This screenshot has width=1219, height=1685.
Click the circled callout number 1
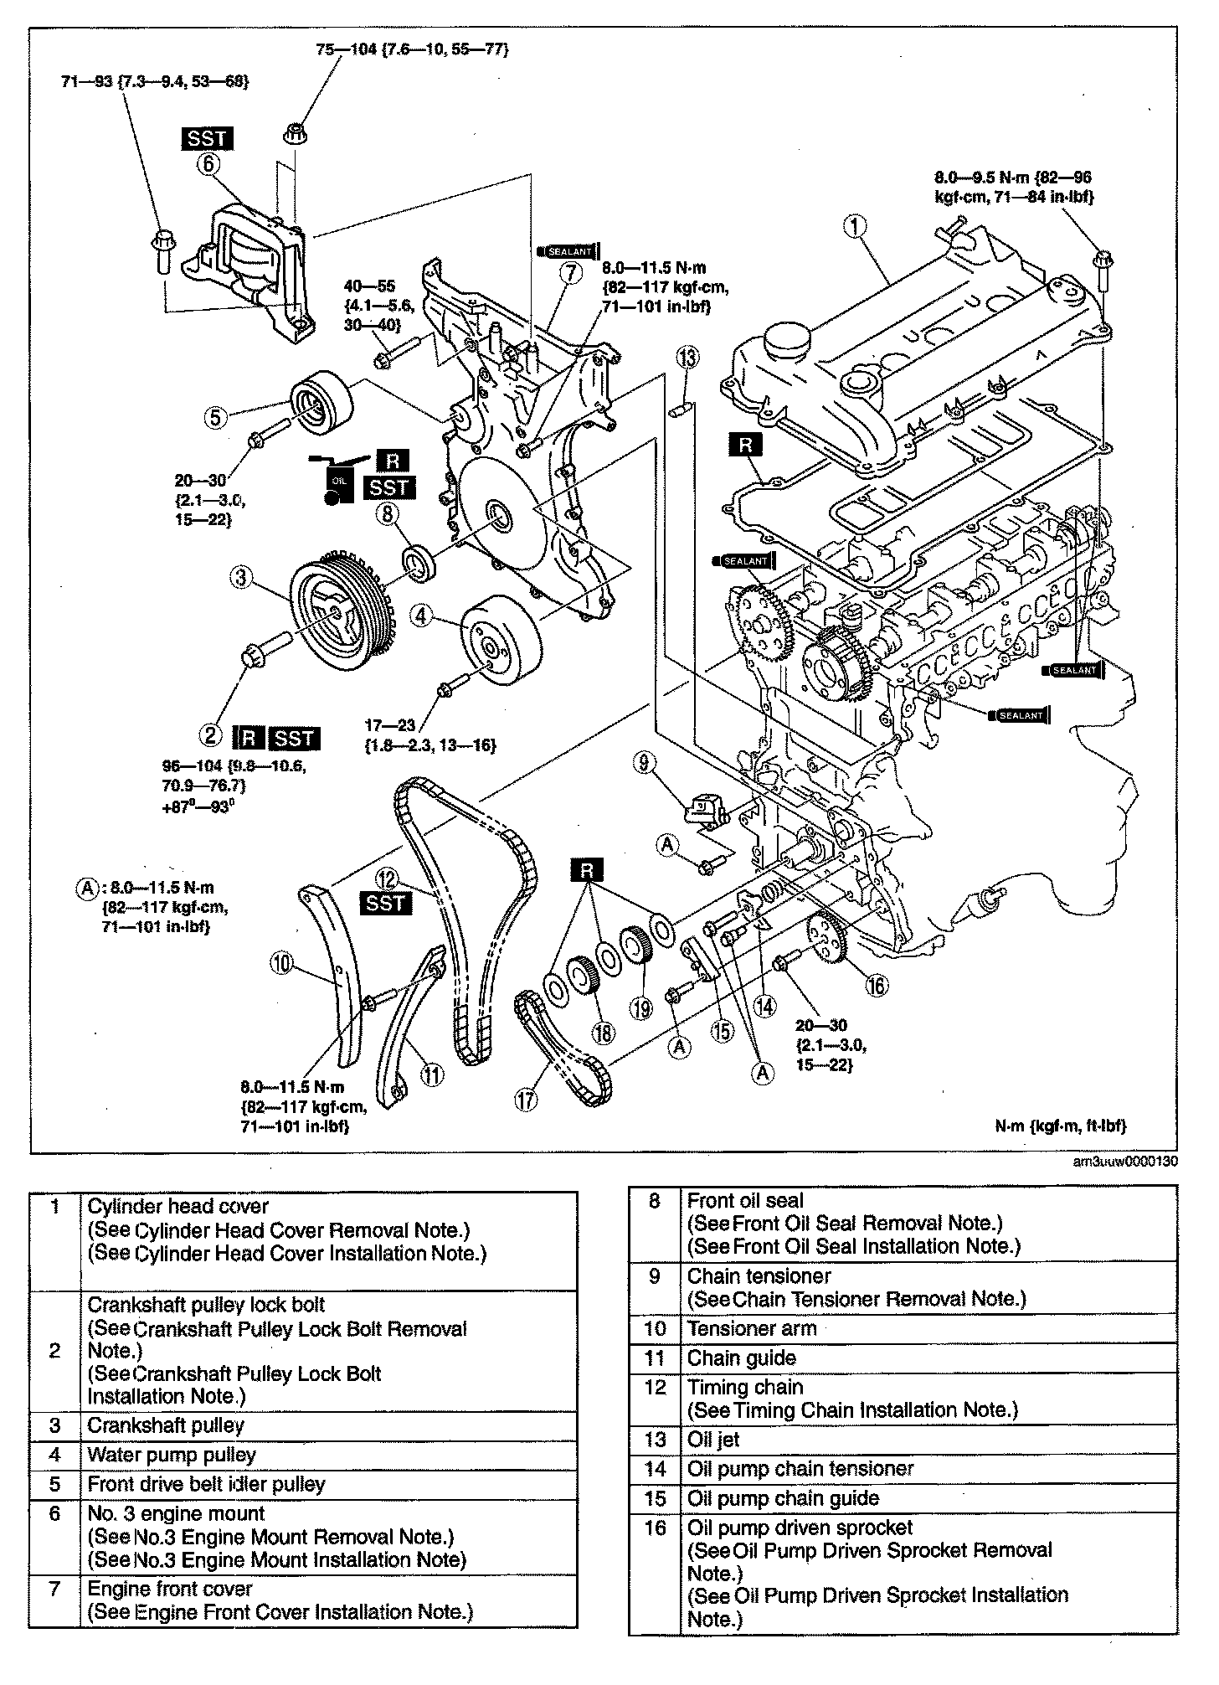pos(855,225)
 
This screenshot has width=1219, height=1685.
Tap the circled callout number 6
pos(207,165)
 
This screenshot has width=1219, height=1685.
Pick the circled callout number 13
pos(687,359)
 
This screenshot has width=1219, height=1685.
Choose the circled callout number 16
pos(876,987)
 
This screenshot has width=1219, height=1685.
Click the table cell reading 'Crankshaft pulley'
pos(166,1425)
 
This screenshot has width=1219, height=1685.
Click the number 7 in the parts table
pos(54,1589)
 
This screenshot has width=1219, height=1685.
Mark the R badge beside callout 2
pos(249,738)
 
